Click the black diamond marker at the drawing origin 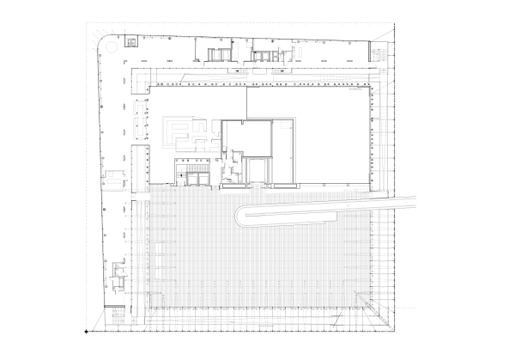[86, 332]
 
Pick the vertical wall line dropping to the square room [247, 104]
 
